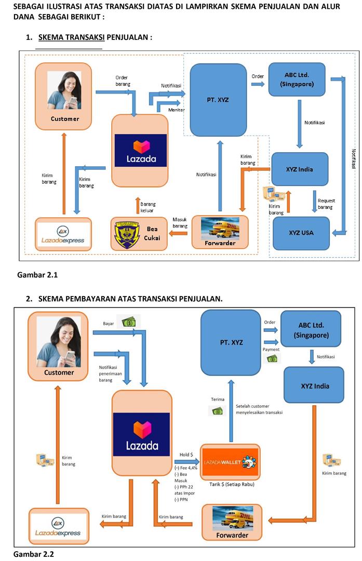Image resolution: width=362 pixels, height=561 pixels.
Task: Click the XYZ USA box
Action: [301, 232]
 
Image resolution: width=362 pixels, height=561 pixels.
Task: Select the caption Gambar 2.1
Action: [37, 275]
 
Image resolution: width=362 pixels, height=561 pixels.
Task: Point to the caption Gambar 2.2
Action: [34, 554]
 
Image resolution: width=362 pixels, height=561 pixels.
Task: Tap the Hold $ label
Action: [186, 455]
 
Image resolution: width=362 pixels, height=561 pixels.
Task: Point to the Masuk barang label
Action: [180, 223]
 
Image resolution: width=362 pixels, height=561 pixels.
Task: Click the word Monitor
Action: [176, 110]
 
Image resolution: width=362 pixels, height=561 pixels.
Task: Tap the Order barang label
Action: [122, 81]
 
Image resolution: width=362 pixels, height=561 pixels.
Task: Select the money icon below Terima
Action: [217, 411]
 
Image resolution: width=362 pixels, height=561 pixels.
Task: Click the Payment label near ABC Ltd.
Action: [271, 350]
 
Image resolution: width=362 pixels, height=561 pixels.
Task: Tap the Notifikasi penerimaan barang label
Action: [110, 373]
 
